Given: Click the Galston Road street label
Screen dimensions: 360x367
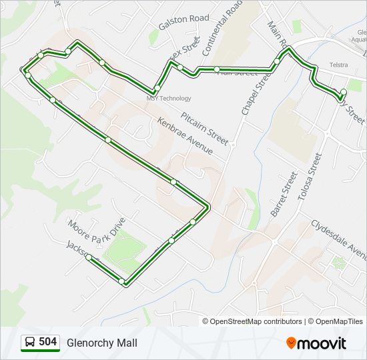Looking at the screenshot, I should (183, 22).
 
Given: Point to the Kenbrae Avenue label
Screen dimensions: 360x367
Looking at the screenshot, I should (185, 136).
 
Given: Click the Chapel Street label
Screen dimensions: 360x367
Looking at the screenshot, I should (257, 94).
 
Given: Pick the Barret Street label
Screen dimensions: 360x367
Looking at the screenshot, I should (282, 193).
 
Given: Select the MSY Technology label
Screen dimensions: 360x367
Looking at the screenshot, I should (168, 99).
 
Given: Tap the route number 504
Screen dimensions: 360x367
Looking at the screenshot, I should (47, 342).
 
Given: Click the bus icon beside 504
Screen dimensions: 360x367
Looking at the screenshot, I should (30, 343).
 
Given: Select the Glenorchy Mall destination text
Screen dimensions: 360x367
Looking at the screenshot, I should (101, 343).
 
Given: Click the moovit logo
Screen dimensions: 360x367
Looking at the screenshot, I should (316, 343).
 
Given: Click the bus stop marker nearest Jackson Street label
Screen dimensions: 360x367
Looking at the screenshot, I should (89, 257).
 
